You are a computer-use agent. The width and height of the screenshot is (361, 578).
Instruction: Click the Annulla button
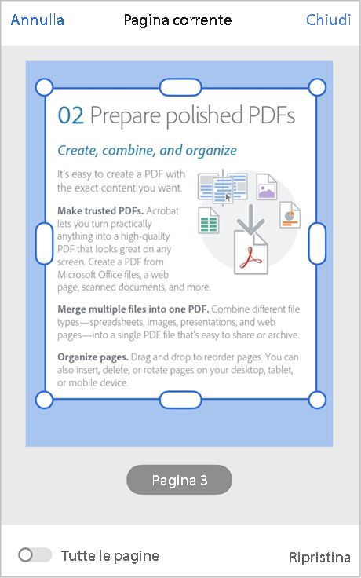click(38, 20)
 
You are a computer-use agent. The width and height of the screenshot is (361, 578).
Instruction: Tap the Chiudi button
click(328, 20)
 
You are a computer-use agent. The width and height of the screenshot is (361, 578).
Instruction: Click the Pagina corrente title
click(177, 20)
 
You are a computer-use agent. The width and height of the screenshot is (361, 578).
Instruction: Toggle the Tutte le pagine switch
click(35, 555)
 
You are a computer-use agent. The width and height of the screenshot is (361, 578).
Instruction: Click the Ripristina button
click(319, 557)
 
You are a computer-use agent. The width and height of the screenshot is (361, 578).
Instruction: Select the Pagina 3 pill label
click(180, 480)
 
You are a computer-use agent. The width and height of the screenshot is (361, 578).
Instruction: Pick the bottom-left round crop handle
click(45, 400)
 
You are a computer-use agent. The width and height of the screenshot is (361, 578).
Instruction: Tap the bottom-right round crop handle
click(317, 400)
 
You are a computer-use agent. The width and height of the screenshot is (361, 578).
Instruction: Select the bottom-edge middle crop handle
click(180, 400)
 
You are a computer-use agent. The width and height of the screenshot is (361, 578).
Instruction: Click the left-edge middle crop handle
click(45, 243)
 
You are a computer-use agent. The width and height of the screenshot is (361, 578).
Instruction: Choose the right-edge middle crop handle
click(317, 243)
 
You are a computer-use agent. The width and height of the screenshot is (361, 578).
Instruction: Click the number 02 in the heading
click(71, 116)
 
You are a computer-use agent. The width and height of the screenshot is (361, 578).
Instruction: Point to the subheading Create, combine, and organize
click(147, 150)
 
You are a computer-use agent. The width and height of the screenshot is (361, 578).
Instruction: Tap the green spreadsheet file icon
click(208, 220)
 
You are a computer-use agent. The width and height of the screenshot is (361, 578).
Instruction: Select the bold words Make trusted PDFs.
click(100, 211)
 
